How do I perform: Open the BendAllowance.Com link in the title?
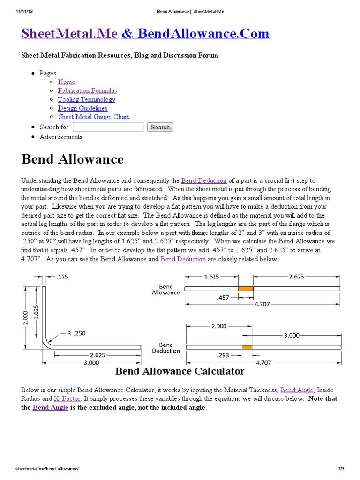coord(195,34)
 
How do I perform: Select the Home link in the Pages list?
coord(66,82)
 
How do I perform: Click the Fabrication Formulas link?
coord(87,90)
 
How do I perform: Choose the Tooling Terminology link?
coord(86,99)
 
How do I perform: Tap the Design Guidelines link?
coord(82,108)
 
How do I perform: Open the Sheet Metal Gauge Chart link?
coord(93,117)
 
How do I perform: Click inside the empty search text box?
coord(108,127)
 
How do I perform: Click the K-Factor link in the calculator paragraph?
coord(67,398)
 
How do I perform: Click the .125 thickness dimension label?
coord(62,277)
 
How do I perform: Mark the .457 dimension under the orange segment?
coord(223,297)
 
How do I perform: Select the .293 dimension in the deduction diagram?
coord(223,355)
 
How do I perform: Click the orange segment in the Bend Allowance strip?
coord(246,289)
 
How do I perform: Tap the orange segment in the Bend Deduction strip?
coord(247,347)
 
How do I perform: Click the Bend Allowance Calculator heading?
coord(180,371)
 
